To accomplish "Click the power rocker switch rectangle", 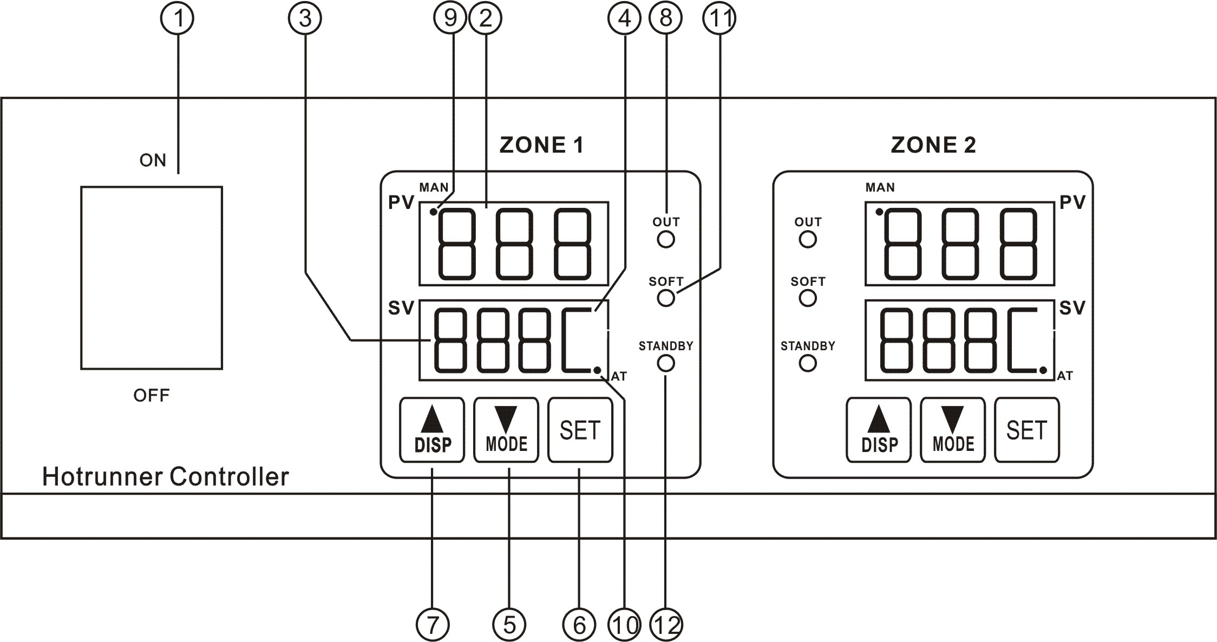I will tap(152, 278).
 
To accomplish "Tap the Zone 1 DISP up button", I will tap(432, 430).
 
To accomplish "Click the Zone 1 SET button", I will tap(580, 430).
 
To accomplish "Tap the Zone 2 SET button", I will tap(1026, 430).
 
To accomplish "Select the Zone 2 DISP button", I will tap(879, 430).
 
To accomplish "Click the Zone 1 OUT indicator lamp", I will tap(665, 239).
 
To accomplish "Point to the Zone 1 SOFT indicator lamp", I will tap(665, 298).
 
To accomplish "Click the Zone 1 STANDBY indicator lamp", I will tap(665, 363).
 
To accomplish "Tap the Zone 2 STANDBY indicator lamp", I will tap(807, 363).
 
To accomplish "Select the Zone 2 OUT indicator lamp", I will tap(807, 239).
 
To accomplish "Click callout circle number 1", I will tap(177, 18).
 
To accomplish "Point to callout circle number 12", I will tap(666, 626).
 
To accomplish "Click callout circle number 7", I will tap(432, 626).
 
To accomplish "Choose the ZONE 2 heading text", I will tap(933, 145).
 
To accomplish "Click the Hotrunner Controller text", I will tap(165, 477).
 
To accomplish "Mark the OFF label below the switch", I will tap(152, 395).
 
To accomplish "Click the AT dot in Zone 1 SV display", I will tap(597, 370).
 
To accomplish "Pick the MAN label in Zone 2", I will tap(880, 188).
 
